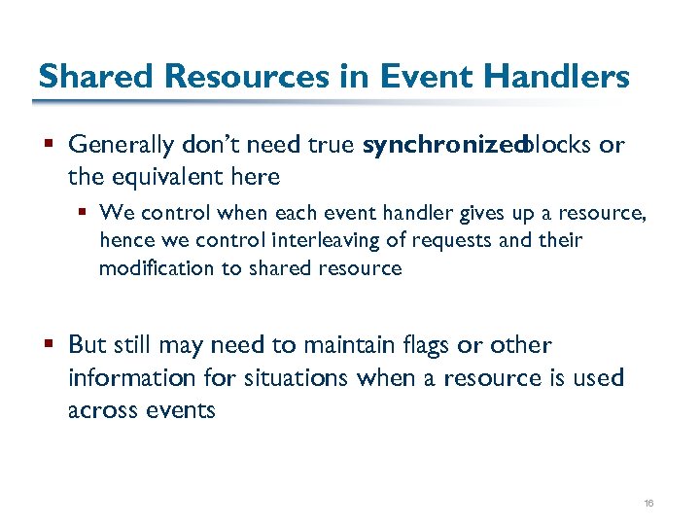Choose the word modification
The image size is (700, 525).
tap(156, 268)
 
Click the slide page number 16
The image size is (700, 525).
tap(647, 503)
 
